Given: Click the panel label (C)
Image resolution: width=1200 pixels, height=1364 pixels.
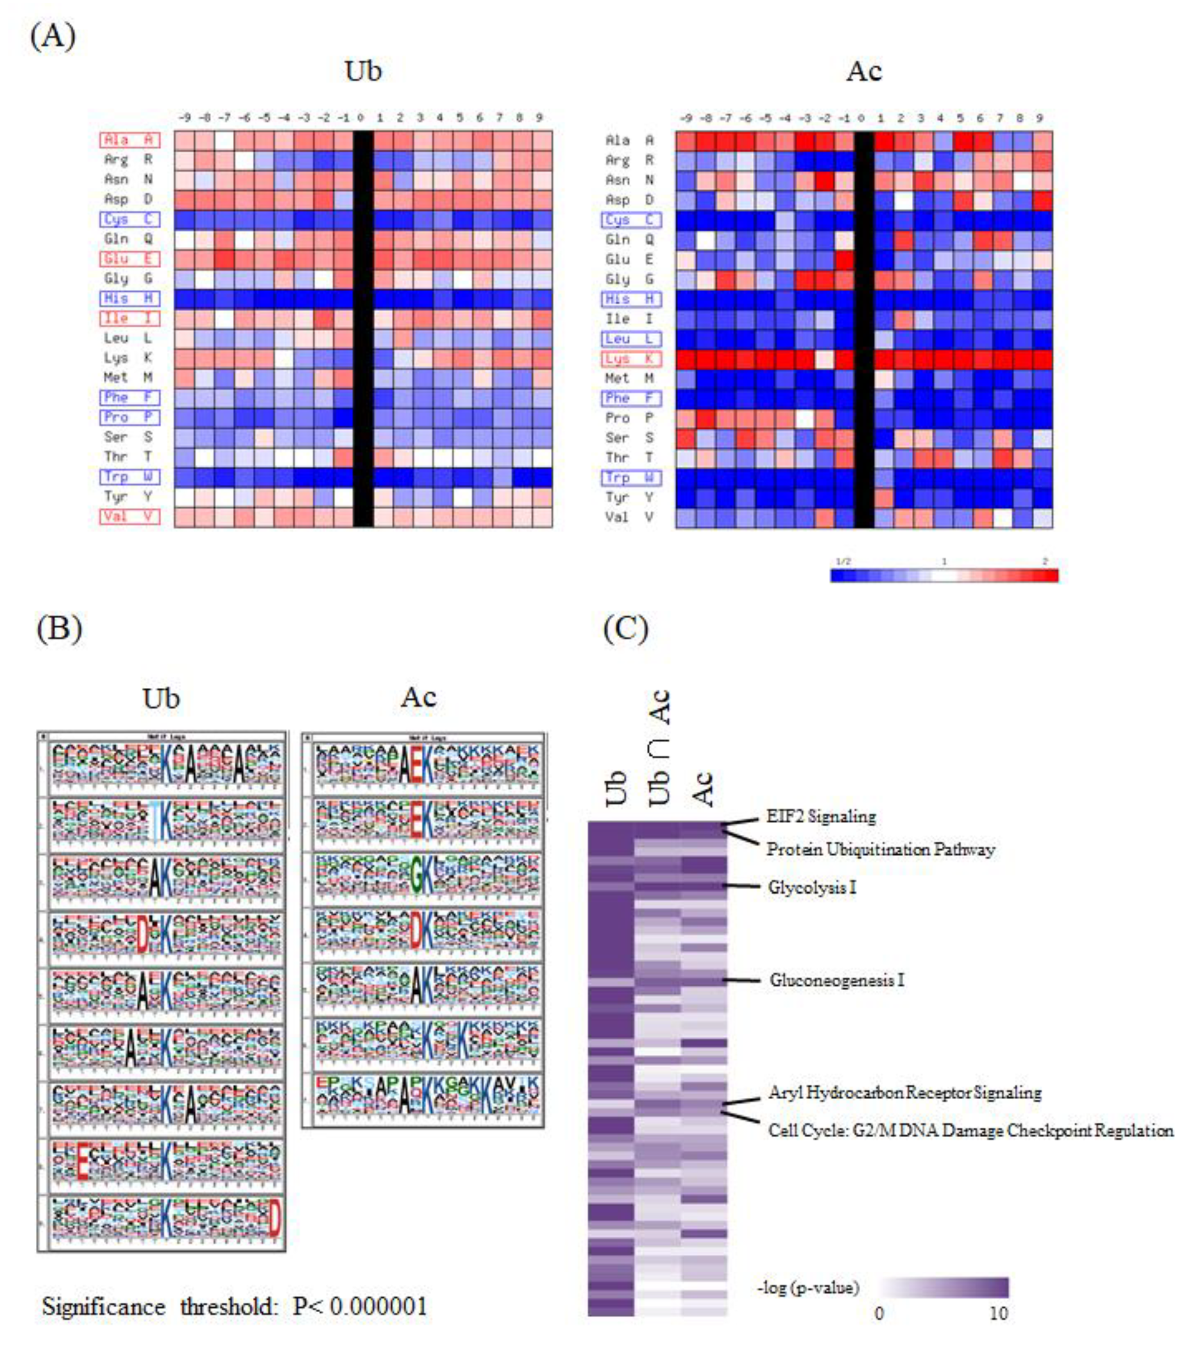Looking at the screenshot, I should [625, 628].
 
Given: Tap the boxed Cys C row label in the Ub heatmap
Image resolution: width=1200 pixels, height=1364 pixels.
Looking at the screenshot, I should [130, 219].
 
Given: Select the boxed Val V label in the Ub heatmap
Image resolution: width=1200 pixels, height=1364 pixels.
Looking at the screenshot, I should [130, 516].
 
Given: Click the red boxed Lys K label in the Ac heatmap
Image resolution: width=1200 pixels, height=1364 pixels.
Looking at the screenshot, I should [631, 359].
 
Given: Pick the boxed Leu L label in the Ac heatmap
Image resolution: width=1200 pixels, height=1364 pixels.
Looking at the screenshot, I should [631, 339].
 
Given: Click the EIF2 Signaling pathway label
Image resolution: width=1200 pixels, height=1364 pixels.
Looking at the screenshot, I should [821, 816].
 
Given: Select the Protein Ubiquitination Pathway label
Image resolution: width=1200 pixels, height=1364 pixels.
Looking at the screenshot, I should [880, 849].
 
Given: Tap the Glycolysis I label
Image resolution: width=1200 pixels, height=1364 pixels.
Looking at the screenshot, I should [812, 887].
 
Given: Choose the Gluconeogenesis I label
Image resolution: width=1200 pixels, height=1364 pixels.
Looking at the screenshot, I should [836, 980].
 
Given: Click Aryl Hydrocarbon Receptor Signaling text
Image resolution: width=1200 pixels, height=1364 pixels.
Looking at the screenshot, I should [904, 1092].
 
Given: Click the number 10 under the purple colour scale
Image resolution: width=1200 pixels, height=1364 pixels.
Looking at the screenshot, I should [998, 1313].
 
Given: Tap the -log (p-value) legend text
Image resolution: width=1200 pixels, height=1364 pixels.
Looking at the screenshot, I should [808, 1287].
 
